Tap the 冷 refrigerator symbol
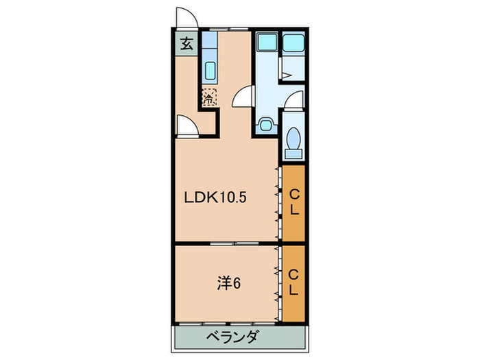pyautogui.click(x=209, y=97)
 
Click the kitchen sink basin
pyautogui.click(x=210, y=70)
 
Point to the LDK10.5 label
pyautogui.click(x=215, y=199)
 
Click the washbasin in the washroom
pyautogui.click(x=265, y=125)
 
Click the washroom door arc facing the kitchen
pyautogui.click(x=243, y=99)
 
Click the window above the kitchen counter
pyautogui.click(x=229, y=30)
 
